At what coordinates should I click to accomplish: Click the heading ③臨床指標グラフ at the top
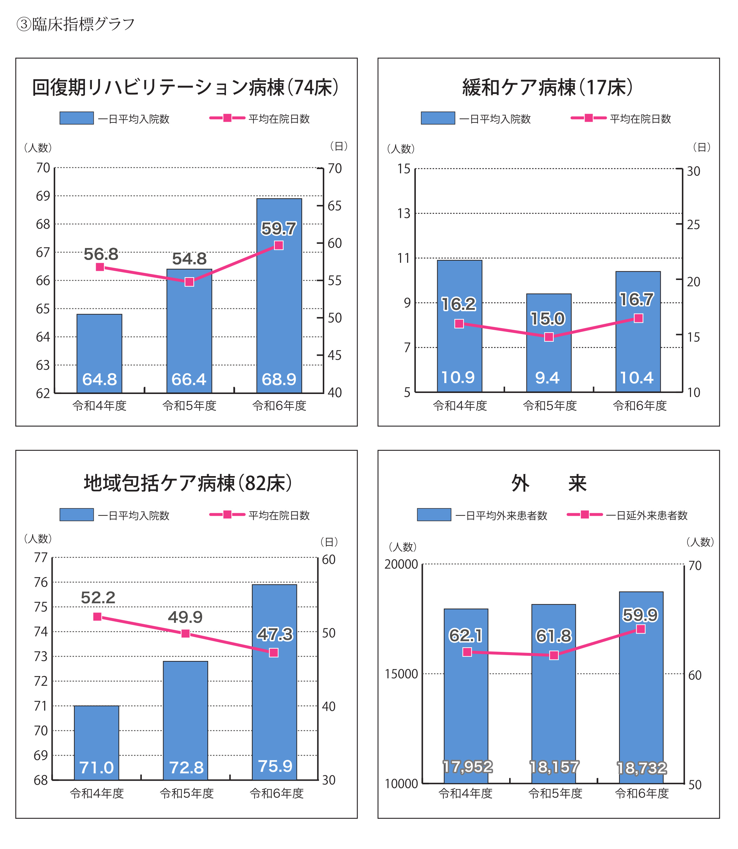point(75,24)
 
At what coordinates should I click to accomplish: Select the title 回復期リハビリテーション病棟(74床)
point(186,88)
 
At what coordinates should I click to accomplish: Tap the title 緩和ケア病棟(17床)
point(548,88)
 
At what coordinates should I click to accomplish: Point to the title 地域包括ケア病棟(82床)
point(188,483)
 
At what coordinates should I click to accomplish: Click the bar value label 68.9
point(279,379)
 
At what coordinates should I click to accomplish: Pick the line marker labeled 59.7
point(279,245)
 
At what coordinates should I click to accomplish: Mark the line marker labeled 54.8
point(189,282)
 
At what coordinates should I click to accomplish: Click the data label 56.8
point(101,254)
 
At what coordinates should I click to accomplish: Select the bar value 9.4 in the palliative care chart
point(547,377)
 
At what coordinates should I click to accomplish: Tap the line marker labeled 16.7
point(638,318)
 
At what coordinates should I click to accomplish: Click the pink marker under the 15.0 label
point(549,337)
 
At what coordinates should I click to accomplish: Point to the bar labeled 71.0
point(97,743)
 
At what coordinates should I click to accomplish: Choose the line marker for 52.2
point(97,616)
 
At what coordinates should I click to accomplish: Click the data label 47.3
point(275,634)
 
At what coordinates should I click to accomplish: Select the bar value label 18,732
point(641,768)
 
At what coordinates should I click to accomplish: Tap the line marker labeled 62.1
point(467,652)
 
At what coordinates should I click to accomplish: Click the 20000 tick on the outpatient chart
point(401,564)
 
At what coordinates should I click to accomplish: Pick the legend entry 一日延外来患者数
point(646,515)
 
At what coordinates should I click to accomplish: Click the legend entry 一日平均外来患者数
point(501,515)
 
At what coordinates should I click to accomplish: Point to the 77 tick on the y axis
point(41,557)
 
